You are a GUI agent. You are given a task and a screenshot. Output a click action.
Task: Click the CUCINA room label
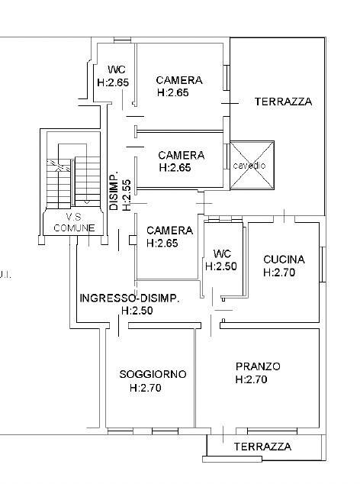point(284,259)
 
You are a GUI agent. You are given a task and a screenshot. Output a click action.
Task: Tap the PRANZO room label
point(258,366)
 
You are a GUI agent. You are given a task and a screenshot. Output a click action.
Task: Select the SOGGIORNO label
point(153,374)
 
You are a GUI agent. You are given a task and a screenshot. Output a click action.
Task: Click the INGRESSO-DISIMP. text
point(130,298)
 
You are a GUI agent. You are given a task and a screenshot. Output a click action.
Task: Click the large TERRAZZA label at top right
point(283,102)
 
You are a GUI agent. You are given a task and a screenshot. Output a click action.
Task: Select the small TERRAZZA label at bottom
point(262,447)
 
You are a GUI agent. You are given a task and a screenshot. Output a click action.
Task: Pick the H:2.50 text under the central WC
point(220,266)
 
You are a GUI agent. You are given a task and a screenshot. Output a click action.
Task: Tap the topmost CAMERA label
point(178,80)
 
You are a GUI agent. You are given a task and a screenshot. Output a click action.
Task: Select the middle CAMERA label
point(181,154)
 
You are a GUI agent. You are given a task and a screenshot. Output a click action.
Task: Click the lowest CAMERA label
point(169,230)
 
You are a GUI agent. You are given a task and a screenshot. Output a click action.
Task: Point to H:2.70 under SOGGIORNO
point(145,388)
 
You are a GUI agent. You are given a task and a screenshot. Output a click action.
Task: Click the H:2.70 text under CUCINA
point(279,272)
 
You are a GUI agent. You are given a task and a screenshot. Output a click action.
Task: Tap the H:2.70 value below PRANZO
point(252,379)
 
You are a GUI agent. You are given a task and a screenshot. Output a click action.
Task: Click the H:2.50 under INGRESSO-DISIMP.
point(137,311)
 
